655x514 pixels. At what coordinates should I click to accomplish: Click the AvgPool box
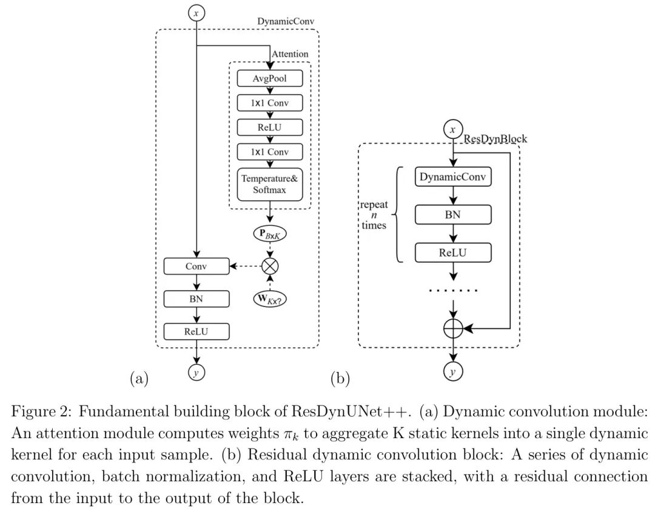(270, 78)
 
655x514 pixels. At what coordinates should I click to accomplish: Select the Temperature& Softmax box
(270, 184)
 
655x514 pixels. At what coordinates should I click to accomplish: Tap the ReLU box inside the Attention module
(270, 127)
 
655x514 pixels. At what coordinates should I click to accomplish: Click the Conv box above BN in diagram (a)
(196, 266)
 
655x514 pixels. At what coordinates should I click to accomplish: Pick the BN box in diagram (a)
(196, 299)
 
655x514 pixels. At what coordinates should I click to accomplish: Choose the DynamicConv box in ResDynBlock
(453, 177)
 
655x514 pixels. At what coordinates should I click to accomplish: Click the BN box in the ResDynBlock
(453, 215)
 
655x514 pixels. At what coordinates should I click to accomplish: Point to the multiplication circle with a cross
(270, 266)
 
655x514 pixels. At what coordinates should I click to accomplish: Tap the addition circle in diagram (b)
(453, 328)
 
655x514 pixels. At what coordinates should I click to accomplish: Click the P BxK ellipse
(270, 234)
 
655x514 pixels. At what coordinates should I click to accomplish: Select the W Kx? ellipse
(270, 299)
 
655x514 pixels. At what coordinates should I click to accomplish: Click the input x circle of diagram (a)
(196, 13)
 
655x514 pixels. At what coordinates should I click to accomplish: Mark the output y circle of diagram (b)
(453, 371)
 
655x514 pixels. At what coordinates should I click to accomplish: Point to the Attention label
(290, 54)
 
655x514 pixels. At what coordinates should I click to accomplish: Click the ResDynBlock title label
(495, 139)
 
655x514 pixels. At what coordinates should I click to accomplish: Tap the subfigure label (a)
(139, 379)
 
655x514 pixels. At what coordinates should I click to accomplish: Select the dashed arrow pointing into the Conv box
(245, 266)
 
